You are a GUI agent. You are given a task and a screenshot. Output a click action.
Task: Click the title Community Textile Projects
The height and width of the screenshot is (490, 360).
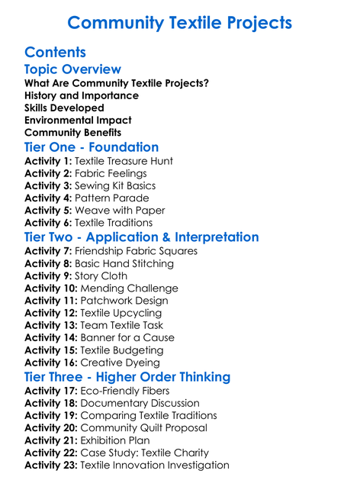coord(179,22)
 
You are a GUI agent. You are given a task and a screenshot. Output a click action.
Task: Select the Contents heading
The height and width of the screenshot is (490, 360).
coord(55,53)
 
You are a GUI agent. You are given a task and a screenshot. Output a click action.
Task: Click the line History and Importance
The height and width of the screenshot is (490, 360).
coord(82,95)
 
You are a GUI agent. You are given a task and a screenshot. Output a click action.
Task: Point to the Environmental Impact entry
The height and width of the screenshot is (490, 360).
coord(78,120)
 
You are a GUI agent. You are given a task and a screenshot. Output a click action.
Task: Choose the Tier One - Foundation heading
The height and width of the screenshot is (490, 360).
coord(92,147)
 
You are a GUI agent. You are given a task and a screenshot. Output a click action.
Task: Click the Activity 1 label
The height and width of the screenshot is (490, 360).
coord(48,161)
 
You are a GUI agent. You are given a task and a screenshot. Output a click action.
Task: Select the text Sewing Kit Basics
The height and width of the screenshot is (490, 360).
coord(115,185)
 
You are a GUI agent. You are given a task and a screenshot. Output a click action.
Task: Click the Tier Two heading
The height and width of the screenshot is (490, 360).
coord(141,237)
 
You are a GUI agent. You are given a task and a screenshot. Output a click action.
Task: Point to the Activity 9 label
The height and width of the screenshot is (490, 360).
coord(48,276)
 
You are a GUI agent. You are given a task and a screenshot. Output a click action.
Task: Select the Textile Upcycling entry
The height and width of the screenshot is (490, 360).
coord(121,313)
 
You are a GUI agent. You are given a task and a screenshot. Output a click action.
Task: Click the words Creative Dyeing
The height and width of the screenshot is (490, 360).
coord(120,362)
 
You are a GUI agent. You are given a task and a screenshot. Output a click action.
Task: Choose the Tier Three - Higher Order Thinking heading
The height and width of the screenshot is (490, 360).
coord(127,377)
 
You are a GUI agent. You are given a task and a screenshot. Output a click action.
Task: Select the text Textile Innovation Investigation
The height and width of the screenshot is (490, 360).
coord(155,465)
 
